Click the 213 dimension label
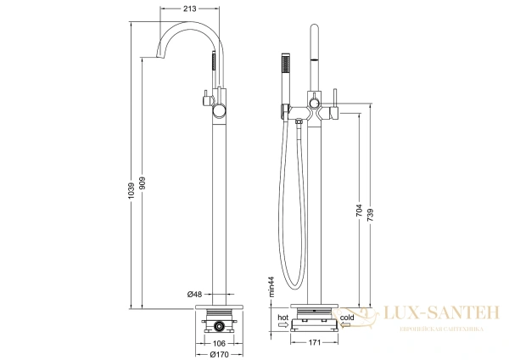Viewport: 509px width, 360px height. pyautogui.click(x=190, y=8)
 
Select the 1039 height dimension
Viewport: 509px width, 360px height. pyautogui.click(x=131, y=191)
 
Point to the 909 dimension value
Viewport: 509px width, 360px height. pyautogui.click(x=143, y=183)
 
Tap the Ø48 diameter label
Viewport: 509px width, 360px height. pyautogui.click(x=194, y=294)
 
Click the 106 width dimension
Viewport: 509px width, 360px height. pyautogui.click(x=219, y=343)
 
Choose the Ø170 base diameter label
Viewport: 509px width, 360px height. pyautogui.click(x=219, y=354)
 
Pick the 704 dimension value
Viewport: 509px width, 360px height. pyautogui.click(x=360, y=211)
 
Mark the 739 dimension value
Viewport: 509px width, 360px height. pyautogui.click(x=371, y=216)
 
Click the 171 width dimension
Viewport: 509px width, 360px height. pyautogui.click(x=314, y=342)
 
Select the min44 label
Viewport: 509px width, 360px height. pyautogui.click(x=271, y=286)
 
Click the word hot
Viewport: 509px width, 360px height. pyautogui.click(x=282, y=317)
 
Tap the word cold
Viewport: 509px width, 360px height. pyautogui.click(x=347, y=317)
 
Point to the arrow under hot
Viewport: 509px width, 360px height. pyautogui.click(x=283, y=324)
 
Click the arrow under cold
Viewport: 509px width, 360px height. pyautogui.click(x=345, y=324)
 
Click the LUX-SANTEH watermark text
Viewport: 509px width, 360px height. pyautogui.click(x=441, y=312)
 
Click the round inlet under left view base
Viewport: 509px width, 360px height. pyautogui.click(x=220, y=326)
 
